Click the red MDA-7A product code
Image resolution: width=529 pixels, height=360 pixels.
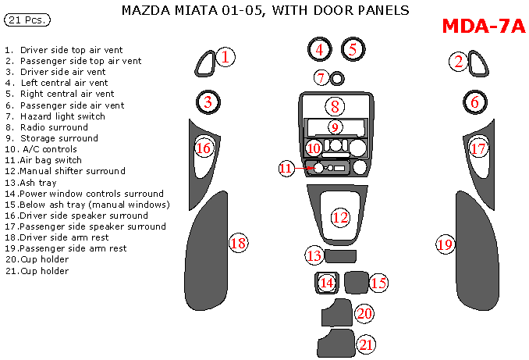pos(484,27)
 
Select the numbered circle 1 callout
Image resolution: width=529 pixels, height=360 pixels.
pos(225,56)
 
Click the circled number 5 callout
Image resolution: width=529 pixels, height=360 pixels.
pos(353,49)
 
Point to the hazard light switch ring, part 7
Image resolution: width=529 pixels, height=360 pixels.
pos(336,78)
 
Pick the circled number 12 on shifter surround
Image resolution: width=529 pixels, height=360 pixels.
pos(340,217)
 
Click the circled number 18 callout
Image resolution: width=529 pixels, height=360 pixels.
pos(238,244)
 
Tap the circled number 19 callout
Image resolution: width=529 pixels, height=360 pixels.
pos(445,244)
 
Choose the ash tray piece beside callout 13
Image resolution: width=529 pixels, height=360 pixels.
pos(340,256)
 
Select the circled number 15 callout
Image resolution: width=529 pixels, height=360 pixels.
pos(378,283)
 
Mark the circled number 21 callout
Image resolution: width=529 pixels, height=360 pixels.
pos(367,344)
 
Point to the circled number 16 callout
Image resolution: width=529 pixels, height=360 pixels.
pos(203,148)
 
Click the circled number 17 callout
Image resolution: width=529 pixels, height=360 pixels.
pos(478,148)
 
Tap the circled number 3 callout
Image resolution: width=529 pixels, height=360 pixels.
pos(208,101)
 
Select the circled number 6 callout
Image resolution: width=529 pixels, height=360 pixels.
pos(474,101)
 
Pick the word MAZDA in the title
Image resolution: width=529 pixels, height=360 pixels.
pos(146,11)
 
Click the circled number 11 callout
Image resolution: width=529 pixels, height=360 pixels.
pos(286,168)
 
